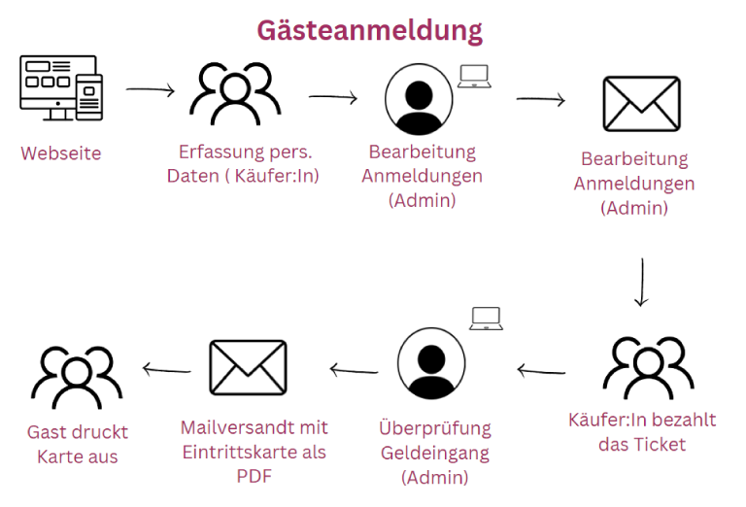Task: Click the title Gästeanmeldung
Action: click(369, 30)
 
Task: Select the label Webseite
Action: click(60, 152)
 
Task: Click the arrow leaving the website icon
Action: click(150, 91)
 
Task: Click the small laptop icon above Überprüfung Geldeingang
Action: click(486, 319)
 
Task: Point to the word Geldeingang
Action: click(435, 454)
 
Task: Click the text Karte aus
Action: click(77, 456)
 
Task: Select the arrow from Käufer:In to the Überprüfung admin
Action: click(540, 370)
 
